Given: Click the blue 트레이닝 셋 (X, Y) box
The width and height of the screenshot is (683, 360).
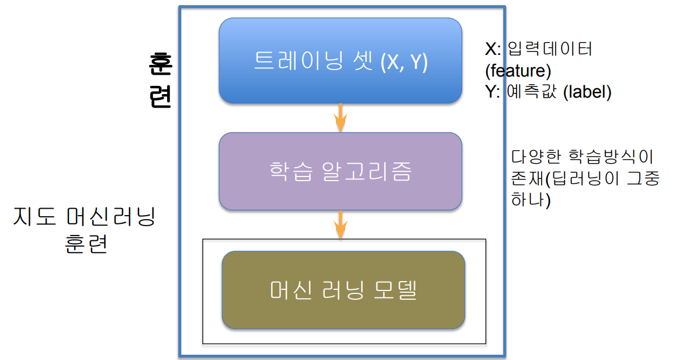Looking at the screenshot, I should [340, 61].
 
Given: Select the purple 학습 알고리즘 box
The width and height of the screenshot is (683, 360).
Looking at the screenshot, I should [340, 171].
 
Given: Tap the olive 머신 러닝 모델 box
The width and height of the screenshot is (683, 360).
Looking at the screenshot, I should [344, 290].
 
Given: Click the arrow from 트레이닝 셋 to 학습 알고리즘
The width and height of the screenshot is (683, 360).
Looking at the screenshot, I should [340, 118].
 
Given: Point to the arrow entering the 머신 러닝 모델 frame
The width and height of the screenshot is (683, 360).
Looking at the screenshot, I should [340, 225].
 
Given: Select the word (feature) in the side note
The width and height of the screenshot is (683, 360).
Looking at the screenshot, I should [518, 71].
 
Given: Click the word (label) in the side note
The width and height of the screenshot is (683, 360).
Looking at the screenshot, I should [587, 92].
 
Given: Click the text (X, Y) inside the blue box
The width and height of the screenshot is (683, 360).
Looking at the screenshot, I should [404, 61].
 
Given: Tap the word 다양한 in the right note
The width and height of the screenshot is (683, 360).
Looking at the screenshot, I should [533, 157].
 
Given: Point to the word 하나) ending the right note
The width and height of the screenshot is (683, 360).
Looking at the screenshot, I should [531, 200].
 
